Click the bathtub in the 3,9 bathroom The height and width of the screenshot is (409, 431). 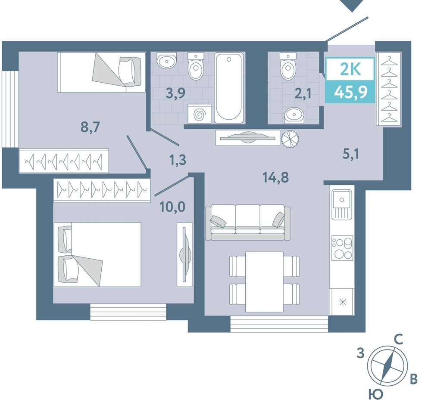(x=229, y=88)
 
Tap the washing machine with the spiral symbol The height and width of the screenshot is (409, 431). (x=200, y=113)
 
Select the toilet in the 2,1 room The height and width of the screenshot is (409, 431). (x=288, y=65)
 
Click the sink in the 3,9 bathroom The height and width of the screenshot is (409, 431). (x=166, y=61)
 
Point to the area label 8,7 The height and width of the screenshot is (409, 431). (x=90, y=127)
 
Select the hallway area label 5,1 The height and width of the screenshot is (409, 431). (x=351, y=155)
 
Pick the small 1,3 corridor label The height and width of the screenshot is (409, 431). (x=178, y=160)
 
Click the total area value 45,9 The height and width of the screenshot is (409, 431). (x=351, y=92)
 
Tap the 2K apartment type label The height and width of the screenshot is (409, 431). (x=350, y=69)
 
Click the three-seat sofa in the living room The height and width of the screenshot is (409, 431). (x=248, y=222)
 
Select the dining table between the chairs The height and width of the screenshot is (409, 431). (x=264, y=282)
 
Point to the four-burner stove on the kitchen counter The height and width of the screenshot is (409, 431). (x=342, y=248)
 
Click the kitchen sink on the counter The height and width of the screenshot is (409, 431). (x=342, y=204)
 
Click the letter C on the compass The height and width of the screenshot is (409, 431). (x=399, y=340)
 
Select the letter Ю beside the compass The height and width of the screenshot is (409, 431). (x=375, y=395)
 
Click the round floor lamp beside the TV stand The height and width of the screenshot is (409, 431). (x=290, y=139)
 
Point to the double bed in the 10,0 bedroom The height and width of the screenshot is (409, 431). (x=97, y=254)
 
